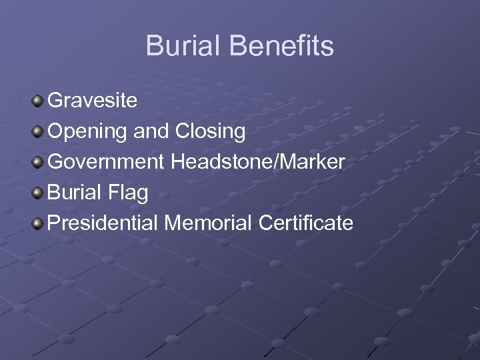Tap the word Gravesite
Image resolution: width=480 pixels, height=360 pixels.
[93, 101]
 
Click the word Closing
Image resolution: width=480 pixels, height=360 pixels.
[211, 132]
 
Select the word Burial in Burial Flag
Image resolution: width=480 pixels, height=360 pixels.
[74, 193]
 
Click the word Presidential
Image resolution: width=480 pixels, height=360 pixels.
[103, 223]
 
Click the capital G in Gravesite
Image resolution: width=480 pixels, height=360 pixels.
[56, 101]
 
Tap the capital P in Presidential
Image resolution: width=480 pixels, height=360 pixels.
[55, 223]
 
